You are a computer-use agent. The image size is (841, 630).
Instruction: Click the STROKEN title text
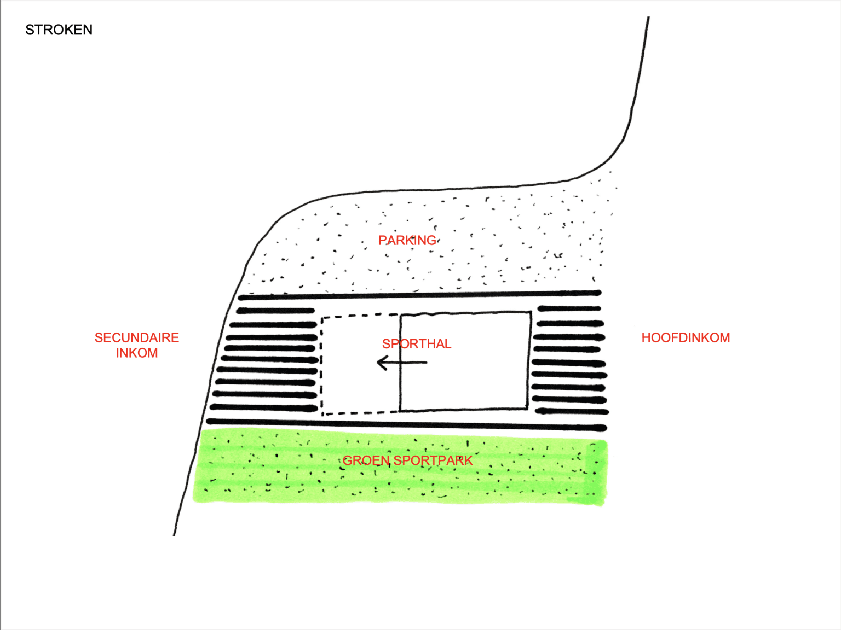point(59,30)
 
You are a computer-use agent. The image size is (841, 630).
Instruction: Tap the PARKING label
point(407,240)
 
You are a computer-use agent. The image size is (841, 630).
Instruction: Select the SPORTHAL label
point(417,344)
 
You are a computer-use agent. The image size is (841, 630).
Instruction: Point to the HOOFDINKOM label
point(686,338)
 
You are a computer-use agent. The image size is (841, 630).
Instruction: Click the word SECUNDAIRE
point(137,338)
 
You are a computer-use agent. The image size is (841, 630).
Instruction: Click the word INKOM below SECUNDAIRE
point(137,353)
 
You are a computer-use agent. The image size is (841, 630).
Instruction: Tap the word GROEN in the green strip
point(366,460)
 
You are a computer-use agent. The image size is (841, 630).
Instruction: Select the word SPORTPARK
point(433,460)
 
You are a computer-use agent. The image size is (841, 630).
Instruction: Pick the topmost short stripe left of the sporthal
point(276,311)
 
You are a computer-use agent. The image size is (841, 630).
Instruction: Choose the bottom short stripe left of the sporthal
point(263,408)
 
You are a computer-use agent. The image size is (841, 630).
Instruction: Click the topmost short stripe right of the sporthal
point(569,308)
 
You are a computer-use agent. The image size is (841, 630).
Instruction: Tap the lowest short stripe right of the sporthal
point(572,412)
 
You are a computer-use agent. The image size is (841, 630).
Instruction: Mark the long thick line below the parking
point(419,295)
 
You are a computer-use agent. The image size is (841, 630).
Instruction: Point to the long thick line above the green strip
point(406,424)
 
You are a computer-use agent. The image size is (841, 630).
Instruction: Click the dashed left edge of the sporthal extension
point(321,366)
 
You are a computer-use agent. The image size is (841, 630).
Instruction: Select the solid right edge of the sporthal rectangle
point(529,360)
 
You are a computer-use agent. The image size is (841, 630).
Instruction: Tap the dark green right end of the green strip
point(596,473)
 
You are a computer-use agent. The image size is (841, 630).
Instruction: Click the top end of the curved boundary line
point(648,17)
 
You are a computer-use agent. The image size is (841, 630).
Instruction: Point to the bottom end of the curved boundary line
point(174,535)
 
